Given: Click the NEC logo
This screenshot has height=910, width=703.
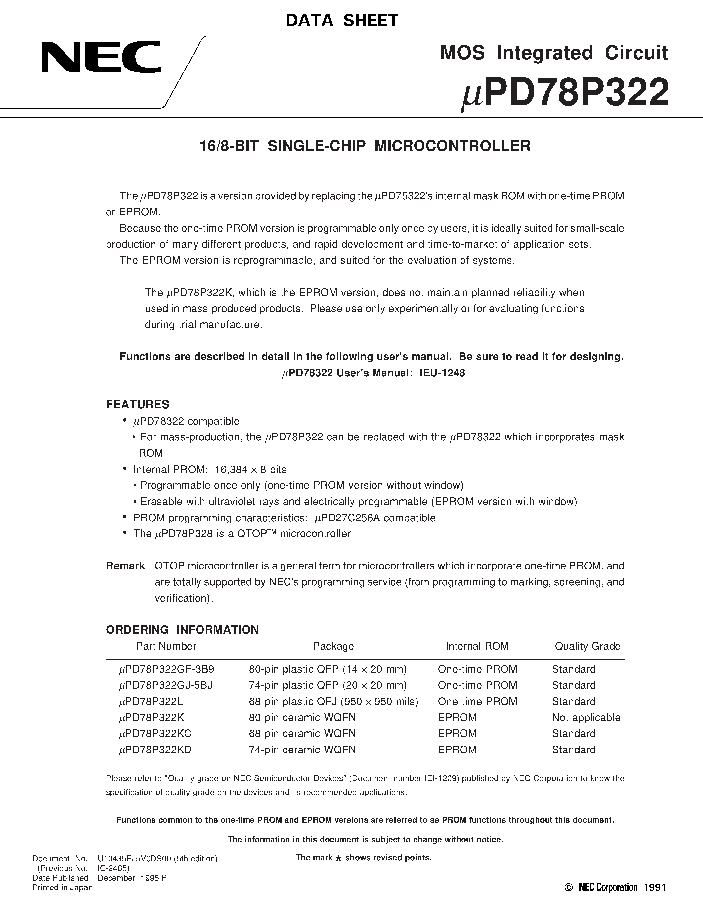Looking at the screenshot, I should [x=101, y=57].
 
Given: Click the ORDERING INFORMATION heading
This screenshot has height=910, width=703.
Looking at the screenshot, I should [x=182, y=630].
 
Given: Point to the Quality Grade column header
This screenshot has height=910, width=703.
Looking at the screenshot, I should [x=587, y=646].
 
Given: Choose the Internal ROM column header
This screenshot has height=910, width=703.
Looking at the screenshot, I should [x=477, y=646].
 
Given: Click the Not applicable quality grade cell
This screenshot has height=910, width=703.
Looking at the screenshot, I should [x=586, y=717].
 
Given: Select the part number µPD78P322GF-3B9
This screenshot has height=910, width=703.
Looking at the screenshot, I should [x=167, y=669].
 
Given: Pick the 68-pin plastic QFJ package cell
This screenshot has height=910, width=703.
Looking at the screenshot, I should [x=333, y=702].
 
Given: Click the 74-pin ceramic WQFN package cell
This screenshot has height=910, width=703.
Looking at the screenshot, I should [x=302, y=750].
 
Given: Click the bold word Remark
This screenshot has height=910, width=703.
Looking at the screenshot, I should [x=125, y=566].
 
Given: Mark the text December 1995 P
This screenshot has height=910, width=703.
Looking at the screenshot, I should [x=132, y=878].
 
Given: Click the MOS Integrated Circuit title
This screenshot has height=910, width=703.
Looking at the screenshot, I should [x=553, y=53].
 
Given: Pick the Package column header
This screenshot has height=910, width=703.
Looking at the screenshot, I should [x=333, y=646].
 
